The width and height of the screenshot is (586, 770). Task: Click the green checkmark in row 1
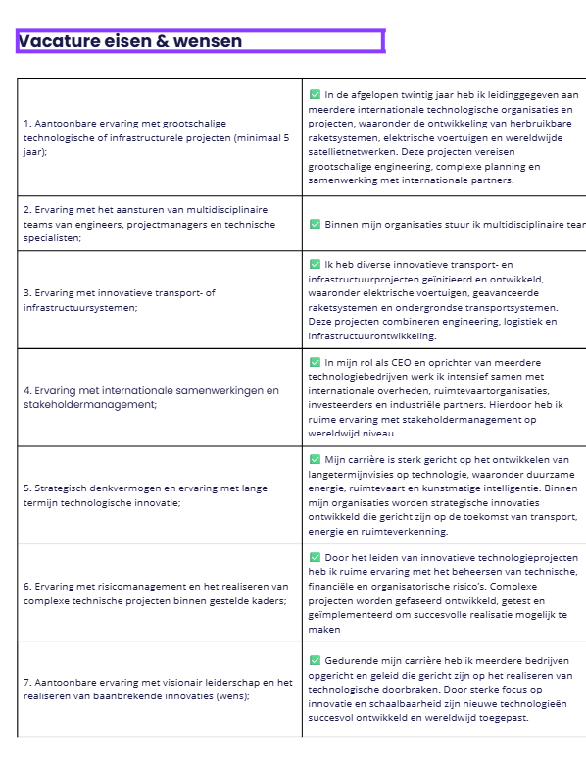(x=315, y=95)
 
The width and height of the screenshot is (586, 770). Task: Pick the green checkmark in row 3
(x=315, y=265)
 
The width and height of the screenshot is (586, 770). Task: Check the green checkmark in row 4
(x=315, y=362)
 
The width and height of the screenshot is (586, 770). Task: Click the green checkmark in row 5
(x=315, y=460)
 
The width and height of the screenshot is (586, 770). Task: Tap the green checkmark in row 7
(x=315, y=661)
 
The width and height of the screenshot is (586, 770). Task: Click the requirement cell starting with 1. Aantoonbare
(x=160, y=138)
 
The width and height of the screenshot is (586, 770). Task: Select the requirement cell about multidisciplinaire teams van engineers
(x=160, y=224)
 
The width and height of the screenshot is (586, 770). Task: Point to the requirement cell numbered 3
(x=160, y=300)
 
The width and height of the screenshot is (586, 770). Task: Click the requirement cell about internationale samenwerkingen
(x=160, y=397)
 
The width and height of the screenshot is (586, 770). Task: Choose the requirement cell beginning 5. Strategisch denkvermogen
(x=160, y=495)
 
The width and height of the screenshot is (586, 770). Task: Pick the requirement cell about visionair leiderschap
(x=160, y=689)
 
